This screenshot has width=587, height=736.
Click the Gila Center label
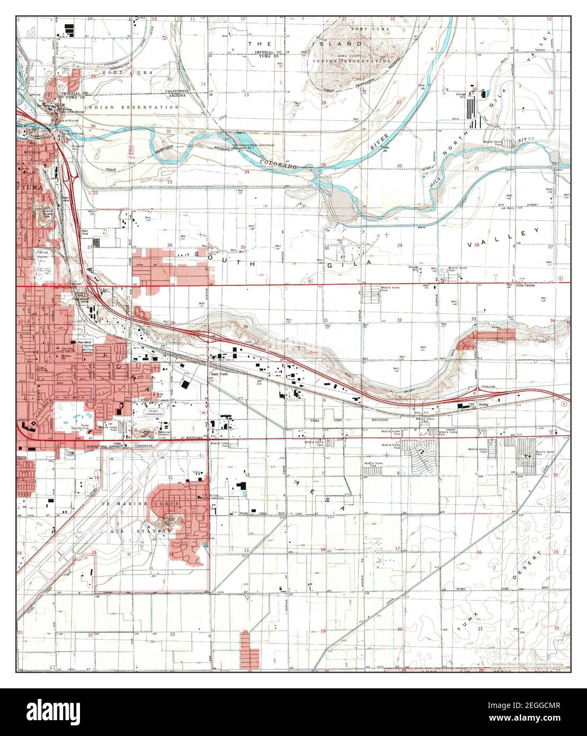click(x=527, y=284)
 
